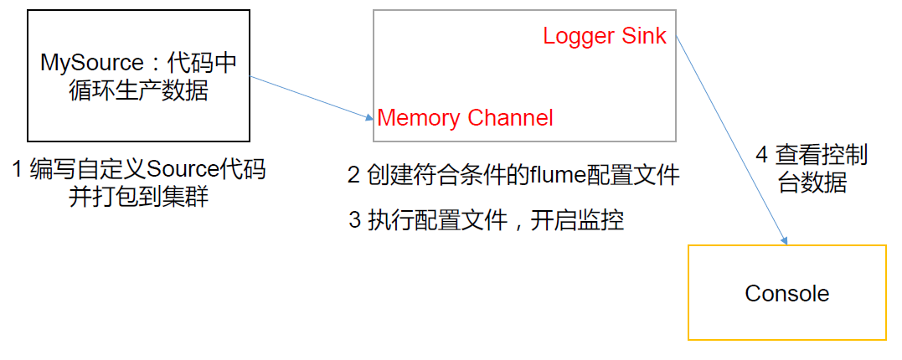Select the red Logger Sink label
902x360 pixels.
pyautogui.click(x=604, y=36)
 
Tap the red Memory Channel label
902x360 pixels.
pyautogui.click(x=465, y=118)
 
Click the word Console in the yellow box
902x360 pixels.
pyautogui.click(x=786, y=294)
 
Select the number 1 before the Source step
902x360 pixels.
pyautogui.click(x=18, y=171)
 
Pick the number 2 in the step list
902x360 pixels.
pyautogui.click(x=353, y=175)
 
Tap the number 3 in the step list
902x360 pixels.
pyautogui.click(x=354, y=220)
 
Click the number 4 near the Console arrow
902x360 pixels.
pyautogui.click(x=761, y=156)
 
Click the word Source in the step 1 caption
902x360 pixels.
pyautogui.click(x=183, y=171)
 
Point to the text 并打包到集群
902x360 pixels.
pyautogui.click(x=137, y=198)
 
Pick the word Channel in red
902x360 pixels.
pyautogui.click(x=510, y=118)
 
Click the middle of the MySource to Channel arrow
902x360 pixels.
pyautogui.click(x=312, y=97)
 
